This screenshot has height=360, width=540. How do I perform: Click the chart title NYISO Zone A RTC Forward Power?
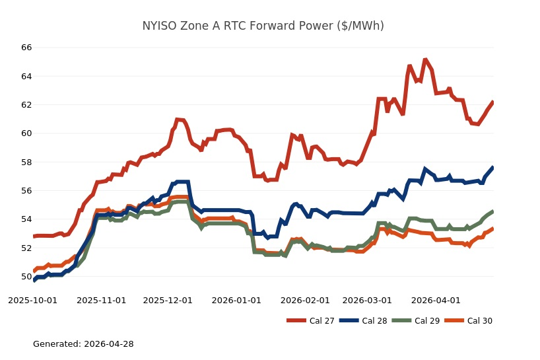tap(263, 26)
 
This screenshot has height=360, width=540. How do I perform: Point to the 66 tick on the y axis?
tap(26, 48)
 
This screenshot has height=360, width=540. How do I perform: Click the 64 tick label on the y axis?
tap(26, 76)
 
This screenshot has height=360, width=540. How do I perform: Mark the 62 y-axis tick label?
tap(26, 104)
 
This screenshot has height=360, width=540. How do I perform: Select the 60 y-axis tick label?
tap(26, 133)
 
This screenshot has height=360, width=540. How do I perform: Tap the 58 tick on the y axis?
tap(26, 162)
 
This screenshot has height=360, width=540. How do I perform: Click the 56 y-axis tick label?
tap(26, 190)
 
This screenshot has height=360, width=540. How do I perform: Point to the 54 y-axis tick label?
tap(26, 219)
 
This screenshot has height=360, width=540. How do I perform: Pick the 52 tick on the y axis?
tap(26, 248)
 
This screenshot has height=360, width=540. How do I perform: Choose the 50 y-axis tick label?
tap(26, 276)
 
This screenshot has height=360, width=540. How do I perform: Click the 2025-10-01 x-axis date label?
tap(32, 300)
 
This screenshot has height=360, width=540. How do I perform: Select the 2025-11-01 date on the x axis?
tap(101, 300)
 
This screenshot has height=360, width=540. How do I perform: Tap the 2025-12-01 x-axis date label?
tap(168, 300)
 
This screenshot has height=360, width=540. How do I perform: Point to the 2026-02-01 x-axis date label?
tap(305, 300)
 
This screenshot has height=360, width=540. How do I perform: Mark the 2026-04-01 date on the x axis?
tap(436, 300)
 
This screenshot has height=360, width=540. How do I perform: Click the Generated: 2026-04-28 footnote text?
tap(83, 344)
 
